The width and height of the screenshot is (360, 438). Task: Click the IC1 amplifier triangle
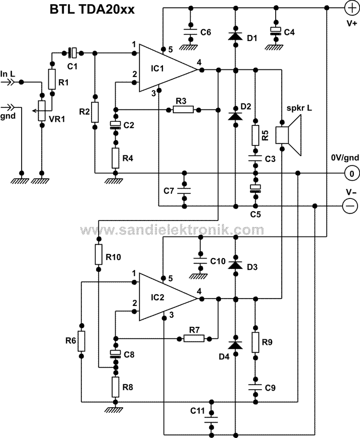[165, 68]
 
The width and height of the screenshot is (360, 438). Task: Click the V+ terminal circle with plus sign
[351, 8]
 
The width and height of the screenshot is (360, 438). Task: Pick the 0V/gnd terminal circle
[351, 173]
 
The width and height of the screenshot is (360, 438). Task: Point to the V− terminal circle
[351, 206]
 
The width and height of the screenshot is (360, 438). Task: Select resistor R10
[99, 255]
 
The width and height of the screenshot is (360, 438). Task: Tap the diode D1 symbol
[235, 35]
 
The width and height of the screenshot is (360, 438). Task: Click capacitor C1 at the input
[73, 52]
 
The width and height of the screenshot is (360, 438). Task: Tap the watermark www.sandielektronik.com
[173, 229]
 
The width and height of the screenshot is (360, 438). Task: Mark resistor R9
[255, 342]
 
